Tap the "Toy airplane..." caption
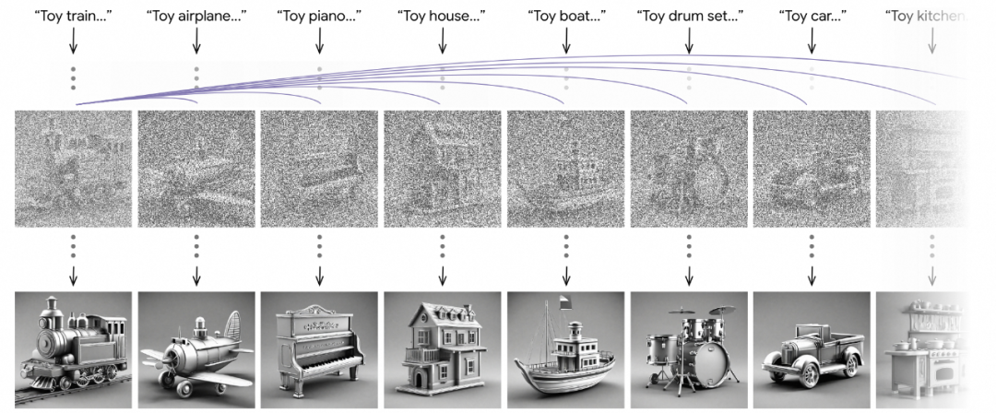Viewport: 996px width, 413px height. [196, 16]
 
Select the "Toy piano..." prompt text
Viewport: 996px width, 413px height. [318, 16]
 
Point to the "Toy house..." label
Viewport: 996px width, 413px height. [442, 16]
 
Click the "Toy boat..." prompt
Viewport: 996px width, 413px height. [565, 16]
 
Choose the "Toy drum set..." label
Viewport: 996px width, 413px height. [689, 16]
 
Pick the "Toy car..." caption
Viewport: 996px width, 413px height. [812, 16]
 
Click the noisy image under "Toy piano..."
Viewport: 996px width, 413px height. [319, 169]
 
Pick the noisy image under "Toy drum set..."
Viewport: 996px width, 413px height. [689, 169]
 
